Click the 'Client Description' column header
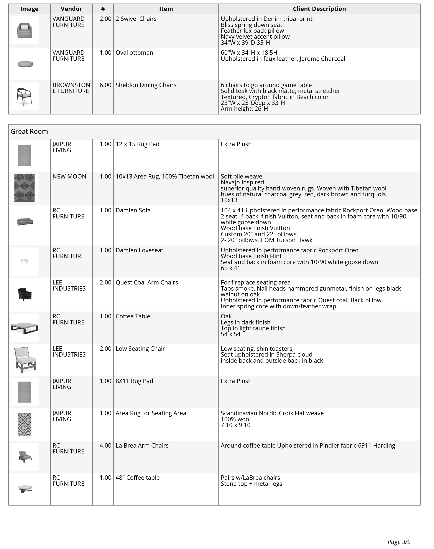[x=319, y=9]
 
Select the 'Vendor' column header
[x=71, y=9]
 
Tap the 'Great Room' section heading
[x=29, y=131]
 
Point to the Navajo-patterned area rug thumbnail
[x=24, y=188]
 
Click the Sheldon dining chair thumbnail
[x=24, y=96]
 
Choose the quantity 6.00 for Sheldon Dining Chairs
[x=105, y=85]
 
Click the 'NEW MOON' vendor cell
[x=69, y=177]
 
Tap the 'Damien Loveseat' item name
[x=139, y=250]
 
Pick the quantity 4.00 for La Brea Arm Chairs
[x=105, y=445]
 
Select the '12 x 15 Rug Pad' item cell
[x=137, y=144]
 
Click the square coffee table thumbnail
[x=24, y=327]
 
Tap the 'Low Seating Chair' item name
[x=140, y=349]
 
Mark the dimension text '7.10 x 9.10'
[x=235, y=425]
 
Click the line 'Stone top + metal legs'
[x=251, y=484]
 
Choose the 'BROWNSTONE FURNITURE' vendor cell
[x=71, y=88]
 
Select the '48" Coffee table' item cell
[x=137, y=478]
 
